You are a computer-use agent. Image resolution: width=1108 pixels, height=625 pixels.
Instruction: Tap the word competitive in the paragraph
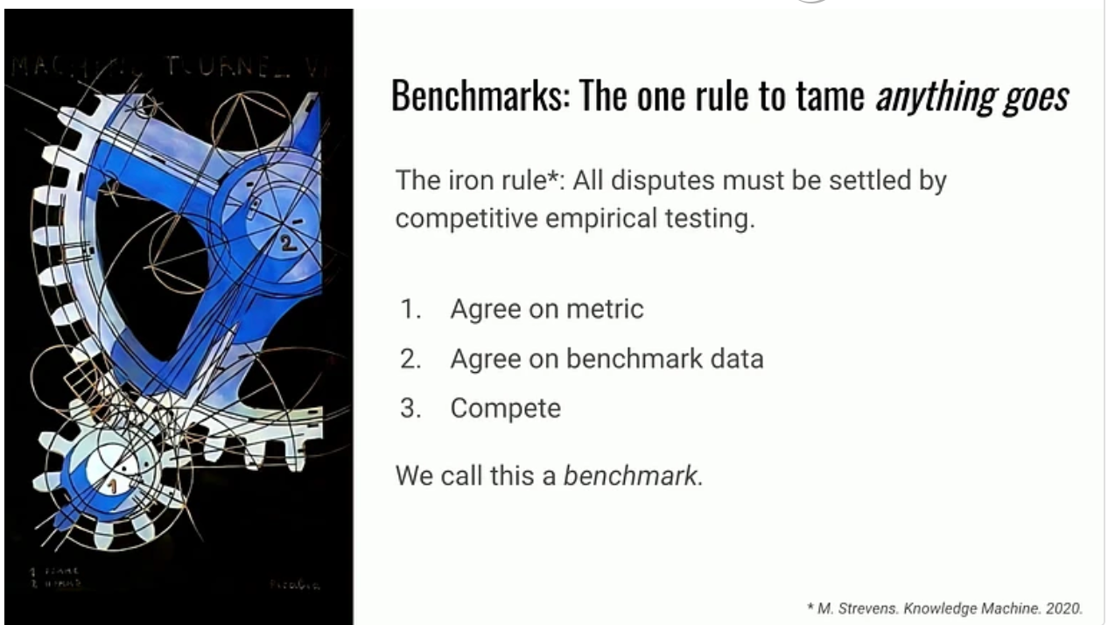tap(465, 218)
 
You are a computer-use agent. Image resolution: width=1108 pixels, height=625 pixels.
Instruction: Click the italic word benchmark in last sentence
tap(631, 477)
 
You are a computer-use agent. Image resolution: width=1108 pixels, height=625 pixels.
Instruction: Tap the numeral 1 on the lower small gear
tap(111, 483)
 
